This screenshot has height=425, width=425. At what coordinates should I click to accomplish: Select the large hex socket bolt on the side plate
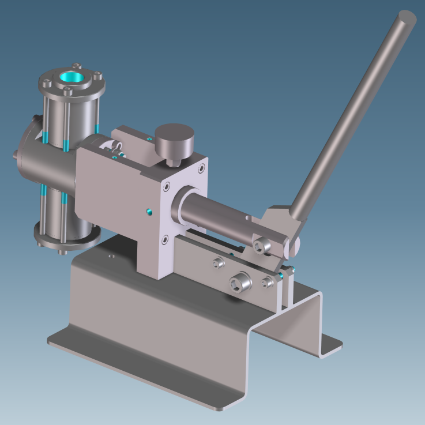coord(238,283)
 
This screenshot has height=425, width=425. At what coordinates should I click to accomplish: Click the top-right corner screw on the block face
coord(201,168)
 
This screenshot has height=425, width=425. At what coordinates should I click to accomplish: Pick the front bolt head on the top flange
coord(67,92)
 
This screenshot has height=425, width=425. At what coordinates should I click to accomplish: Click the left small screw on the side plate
coord(218,264)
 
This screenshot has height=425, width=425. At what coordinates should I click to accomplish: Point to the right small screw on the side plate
coord(267,281)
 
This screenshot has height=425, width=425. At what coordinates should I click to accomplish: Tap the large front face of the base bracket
coord(161,323)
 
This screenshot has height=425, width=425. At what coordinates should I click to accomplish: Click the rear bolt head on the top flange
coord(77,66)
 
